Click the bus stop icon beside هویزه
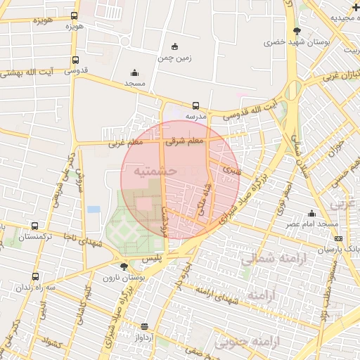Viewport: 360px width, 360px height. pos(75,15)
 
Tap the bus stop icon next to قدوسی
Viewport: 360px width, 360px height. pos(75,60)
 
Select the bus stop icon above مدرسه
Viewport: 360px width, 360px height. pos(195,106)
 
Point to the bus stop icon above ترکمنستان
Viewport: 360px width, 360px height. pos(35,226)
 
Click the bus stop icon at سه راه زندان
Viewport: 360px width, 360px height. pos(35,277)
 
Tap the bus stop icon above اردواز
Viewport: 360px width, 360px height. pos(145,327)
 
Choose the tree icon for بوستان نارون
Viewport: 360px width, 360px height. pos(124,266)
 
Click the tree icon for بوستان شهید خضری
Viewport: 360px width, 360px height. pos(296,31)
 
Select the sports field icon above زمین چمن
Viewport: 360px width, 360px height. pos(174,47)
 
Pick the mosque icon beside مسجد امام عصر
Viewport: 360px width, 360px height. pos(311,214)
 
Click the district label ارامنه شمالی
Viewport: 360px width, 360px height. pos(274,259)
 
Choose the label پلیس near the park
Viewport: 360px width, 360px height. pos(152,259)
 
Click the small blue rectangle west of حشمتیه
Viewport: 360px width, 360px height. pos(94,209)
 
